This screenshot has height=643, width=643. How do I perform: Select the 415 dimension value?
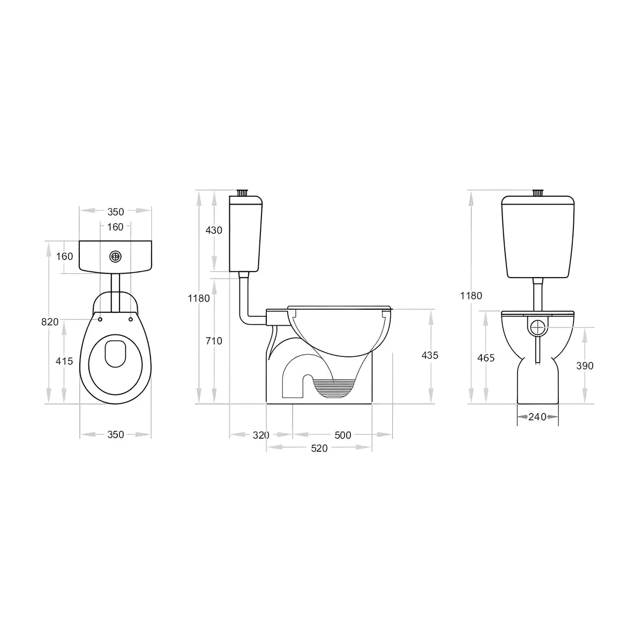pos(64,361)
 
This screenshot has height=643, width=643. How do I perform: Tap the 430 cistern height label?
pos(214,230)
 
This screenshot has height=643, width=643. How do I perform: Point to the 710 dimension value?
pos(214,340)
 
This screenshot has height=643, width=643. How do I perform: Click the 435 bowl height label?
pos(430,355)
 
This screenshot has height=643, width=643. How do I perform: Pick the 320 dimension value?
pos(261,435)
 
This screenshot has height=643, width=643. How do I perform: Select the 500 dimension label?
pos(343,435)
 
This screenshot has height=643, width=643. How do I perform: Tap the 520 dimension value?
pos(319,448)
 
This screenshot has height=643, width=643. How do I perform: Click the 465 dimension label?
pos(485,357)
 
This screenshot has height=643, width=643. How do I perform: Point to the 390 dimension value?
pos(585,365)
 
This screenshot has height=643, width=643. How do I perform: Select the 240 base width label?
pos(537,416)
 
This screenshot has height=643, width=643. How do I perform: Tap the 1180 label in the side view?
pos(199,298)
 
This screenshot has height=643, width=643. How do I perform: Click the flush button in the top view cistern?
pos(115,257)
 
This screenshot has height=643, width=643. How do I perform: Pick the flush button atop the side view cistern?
pos(244,192)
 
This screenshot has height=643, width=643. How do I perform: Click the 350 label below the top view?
pos(115,435)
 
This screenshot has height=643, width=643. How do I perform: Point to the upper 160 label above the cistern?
pos(115,227)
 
